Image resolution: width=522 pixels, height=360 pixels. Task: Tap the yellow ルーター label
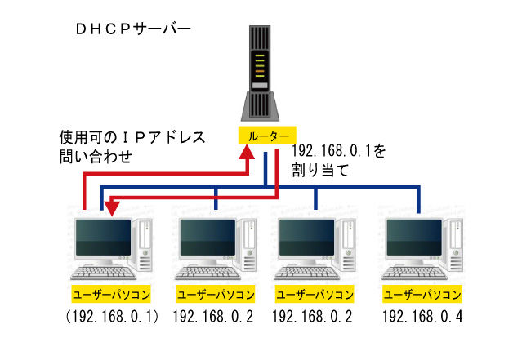(265, 136)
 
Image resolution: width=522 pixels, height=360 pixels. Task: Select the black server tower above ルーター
(261, 73)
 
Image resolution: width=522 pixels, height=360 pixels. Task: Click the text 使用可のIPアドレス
(131, 136)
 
